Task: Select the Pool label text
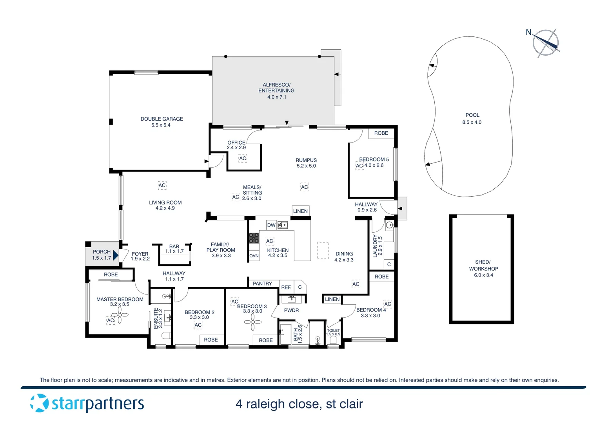tap(472, 115)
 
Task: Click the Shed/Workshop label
tap(483, 268)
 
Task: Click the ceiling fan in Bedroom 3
tap(253, 322)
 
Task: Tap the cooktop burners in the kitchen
tap(254, 238)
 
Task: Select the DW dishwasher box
tap(271, 225)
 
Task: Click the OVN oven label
tap(254, 256)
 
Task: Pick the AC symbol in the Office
tap(243, 159)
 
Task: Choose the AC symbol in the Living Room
tap(162, 185)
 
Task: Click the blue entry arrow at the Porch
tap(115, 255)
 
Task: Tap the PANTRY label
tap(262, 284)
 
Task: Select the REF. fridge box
tap(286, 287)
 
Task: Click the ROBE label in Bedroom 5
tap(381, 133)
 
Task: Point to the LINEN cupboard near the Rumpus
tap(300, 211)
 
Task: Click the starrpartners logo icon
tap(39, 403)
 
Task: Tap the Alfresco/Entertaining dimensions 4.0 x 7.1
tap(277, 97)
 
